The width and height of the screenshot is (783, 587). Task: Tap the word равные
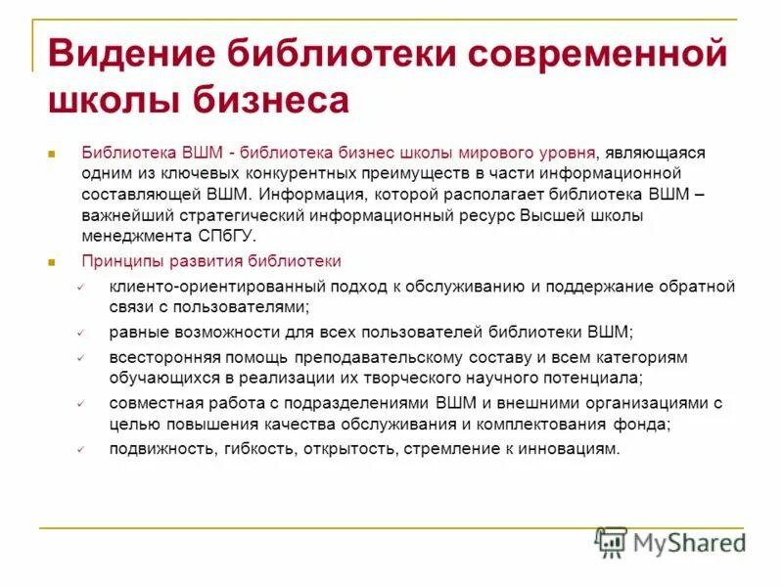[137, 332]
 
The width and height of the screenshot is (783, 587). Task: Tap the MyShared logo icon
[611, 541]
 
